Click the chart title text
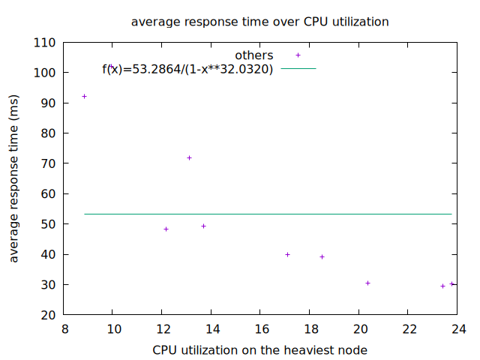(x=259, y=22)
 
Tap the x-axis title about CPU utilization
(x=259, y=349)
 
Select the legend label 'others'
(x=254, y=55)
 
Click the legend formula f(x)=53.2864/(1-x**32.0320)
(x=187, y=69)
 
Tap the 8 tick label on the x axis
(x=65, y=328)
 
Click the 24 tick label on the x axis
(x=457, y=328)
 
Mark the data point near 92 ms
(x=84, y=96)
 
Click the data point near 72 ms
(x=190, y=157)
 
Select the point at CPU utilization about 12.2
(x=166, y=229)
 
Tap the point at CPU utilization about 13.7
(x=203, y=226)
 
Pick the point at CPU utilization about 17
(x=287, y=254)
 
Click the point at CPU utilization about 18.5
(x=322, y=256)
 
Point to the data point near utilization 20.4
(x=368, y=283)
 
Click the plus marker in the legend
(x=298, y=55)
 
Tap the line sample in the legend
(x=298, y=69)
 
